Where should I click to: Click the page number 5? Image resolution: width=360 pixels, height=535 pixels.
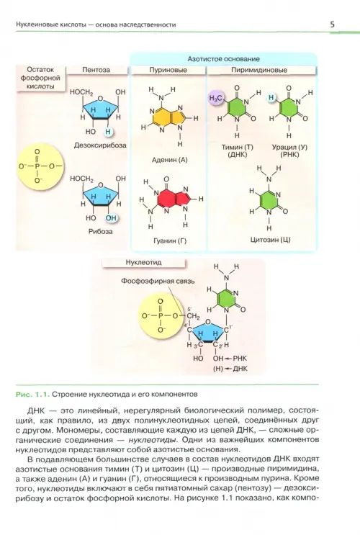332,24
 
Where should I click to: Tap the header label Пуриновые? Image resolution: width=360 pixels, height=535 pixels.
168,70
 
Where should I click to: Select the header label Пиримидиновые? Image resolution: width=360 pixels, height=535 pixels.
259,70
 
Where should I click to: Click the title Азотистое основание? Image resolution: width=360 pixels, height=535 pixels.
223,59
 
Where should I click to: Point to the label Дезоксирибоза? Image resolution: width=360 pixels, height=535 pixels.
100,145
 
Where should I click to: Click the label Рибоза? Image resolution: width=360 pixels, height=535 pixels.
100,231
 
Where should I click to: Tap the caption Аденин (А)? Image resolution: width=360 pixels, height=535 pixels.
170,160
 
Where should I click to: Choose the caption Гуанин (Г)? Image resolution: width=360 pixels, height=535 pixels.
170,241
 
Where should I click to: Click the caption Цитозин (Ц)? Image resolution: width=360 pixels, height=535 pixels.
270,240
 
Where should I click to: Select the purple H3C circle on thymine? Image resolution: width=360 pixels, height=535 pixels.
216,99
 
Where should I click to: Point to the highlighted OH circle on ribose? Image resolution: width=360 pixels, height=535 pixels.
111,218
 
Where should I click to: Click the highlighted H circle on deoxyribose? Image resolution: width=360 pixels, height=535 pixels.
108,132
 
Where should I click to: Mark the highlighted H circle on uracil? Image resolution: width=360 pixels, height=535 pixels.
271,98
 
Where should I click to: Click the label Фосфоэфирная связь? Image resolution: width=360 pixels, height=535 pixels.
158,281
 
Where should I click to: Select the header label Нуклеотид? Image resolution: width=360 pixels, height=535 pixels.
144,263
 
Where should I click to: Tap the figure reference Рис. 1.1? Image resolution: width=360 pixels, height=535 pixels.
32,395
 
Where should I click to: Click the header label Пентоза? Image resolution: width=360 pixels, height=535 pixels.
96,70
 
